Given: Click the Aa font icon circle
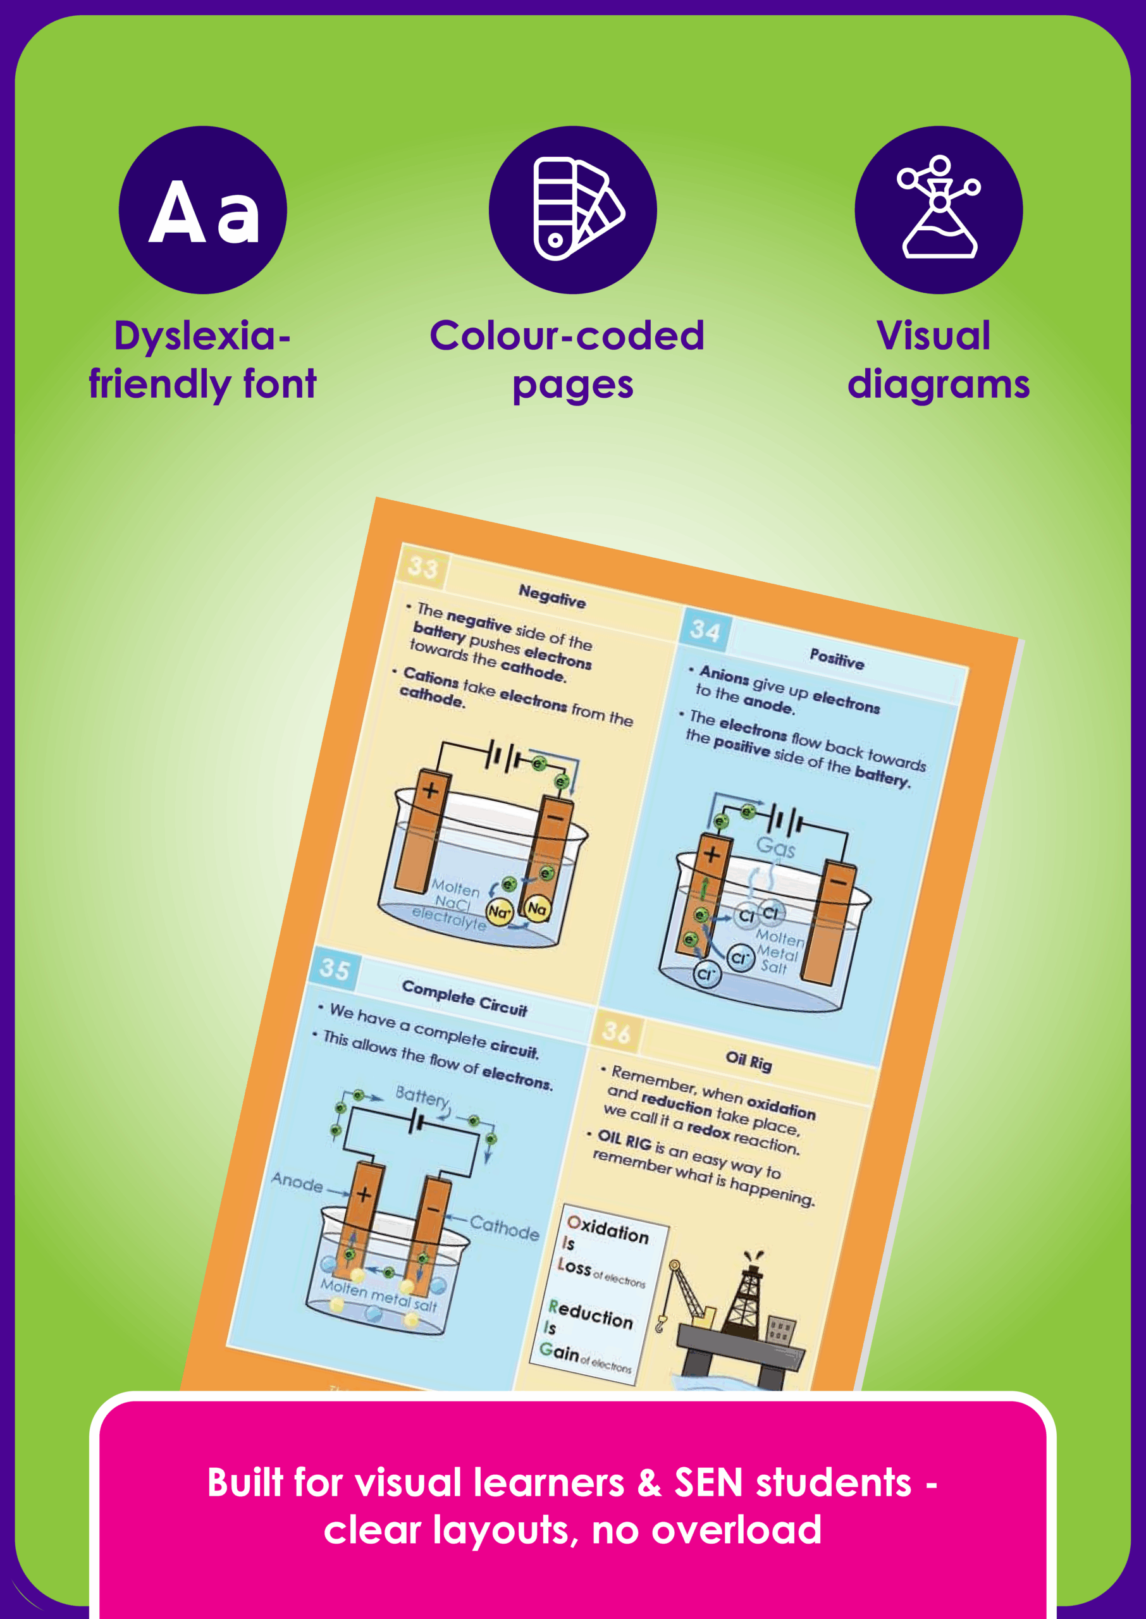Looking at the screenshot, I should click(202, 210).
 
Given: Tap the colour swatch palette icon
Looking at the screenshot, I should click(572, 210).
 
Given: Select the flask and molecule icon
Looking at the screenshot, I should click(938, 210).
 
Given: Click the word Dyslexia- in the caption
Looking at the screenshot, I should click(202, 336).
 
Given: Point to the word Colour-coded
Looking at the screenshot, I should click(567, 336).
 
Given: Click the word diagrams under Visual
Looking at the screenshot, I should click(938, 385).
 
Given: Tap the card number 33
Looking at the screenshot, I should click(423, 567).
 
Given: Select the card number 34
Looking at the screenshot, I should click(705, 630).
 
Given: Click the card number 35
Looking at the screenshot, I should click(335, 969).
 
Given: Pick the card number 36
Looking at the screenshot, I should click(616, 1032).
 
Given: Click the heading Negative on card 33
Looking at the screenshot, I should click(552, 597).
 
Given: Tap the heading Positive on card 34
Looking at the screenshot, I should click(836, 659).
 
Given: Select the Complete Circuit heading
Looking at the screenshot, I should click(464, 997).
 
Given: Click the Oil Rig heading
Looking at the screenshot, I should click(749, 1061).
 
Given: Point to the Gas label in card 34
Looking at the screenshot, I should click(775, 847).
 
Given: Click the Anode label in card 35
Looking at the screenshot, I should click(297, 1181).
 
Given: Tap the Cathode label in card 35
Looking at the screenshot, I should click(505, 1228).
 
